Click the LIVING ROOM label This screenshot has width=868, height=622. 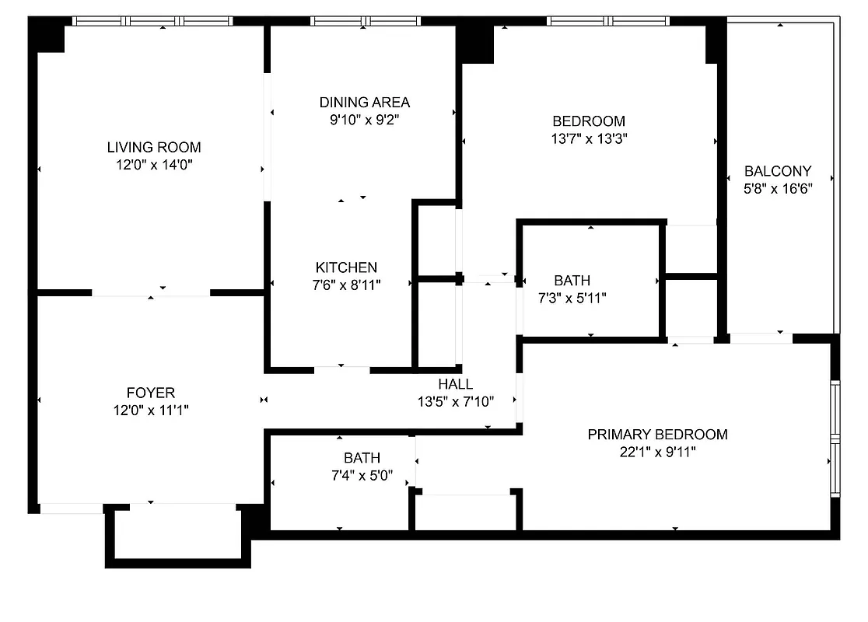tap(154, 147)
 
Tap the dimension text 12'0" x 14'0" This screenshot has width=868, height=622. tap(154, 165)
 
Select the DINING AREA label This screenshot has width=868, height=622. tap(364, 102)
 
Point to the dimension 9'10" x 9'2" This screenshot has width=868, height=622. tap(364, 120)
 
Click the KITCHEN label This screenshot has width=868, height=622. tap(346, 267)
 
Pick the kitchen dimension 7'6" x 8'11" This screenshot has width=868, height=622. tap(346, 285)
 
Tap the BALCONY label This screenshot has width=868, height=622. tap(778, 171)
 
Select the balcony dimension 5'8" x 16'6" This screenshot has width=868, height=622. tap(778, 189)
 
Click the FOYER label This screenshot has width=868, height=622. tap(151, 393)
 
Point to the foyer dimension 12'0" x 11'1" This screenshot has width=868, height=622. tap(151, 411)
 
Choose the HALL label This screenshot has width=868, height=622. tap(455, 384)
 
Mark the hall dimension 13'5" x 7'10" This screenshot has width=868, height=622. tap(455, 402)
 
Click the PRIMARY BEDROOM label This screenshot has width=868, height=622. tap(657, 434)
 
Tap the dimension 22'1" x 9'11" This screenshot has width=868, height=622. tap(657, 452)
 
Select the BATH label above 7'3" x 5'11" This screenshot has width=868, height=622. tap(572, 280)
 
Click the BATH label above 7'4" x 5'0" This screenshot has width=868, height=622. tap(362, 458)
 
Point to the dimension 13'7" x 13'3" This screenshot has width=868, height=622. tap(589, 139)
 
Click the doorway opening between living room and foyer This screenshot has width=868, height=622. tap(151, 293)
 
